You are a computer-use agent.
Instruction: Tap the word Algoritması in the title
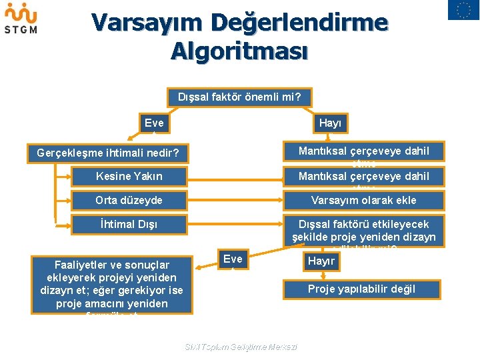click(239, 51)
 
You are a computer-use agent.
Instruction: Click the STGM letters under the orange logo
click(21, 29)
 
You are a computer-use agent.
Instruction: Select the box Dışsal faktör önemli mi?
click(239, 97)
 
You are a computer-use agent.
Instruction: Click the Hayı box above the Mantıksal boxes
click(329, 123)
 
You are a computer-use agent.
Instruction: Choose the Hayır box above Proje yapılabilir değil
click(321, 261)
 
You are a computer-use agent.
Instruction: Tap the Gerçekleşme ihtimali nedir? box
click(108, 153)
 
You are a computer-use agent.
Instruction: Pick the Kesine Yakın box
click(129, 176)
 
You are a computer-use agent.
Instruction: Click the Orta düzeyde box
click(129, 200)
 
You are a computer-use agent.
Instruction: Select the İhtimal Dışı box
click(129, 224)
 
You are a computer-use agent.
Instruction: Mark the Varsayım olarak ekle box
click(363, 200)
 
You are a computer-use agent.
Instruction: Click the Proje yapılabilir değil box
click(361, 289)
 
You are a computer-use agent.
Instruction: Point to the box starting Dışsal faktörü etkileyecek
click(363, 231)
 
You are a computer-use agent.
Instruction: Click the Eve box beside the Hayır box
click(233, 259)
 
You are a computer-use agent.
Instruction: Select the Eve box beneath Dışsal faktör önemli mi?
click(154, 123)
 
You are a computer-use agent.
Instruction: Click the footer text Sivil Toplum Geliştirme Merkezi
click(240, 347)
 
